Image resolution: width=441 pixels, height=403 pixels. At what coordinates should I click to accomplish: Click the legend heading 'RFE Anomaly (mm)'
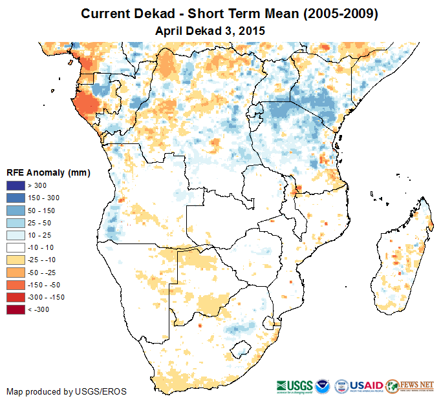[48, 172]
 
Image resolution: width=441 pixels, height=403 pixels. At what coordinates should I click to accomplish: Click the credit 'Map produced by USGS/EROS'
[66, 391]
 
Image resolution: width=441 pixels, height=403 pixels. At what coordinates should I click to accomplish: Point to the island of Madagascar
[404, 258]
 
